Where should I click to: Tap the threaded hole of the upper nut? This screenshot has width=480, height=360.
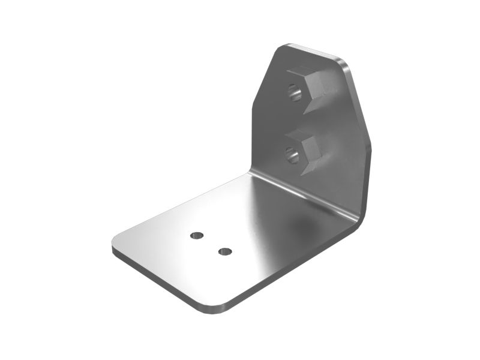(x=294, y=92)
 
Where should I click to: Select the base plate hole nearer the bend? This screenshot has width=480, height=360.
(x=197, y=235)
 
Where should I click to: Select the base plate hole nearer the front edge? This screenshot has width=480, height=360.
(x=225, y=251)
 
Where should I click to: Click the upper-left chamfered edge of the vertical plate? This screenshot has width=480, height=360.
(x=264, y=78)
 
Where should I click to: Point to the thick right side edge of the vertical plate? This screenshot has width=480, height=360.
(x=367, y=174)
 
